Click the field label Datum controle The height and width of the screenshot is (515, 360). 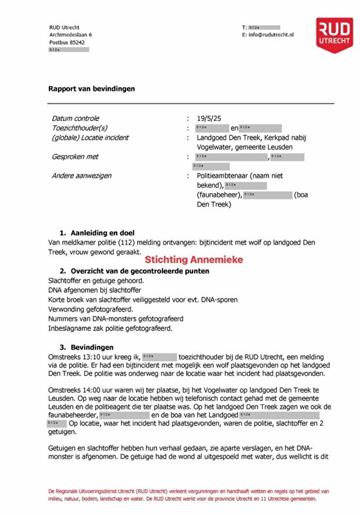point(75,118)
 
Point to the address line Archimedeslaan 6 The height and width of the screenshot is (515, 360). point(71,35)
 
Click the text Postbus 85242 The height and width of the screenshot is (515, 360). point(68,42)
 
